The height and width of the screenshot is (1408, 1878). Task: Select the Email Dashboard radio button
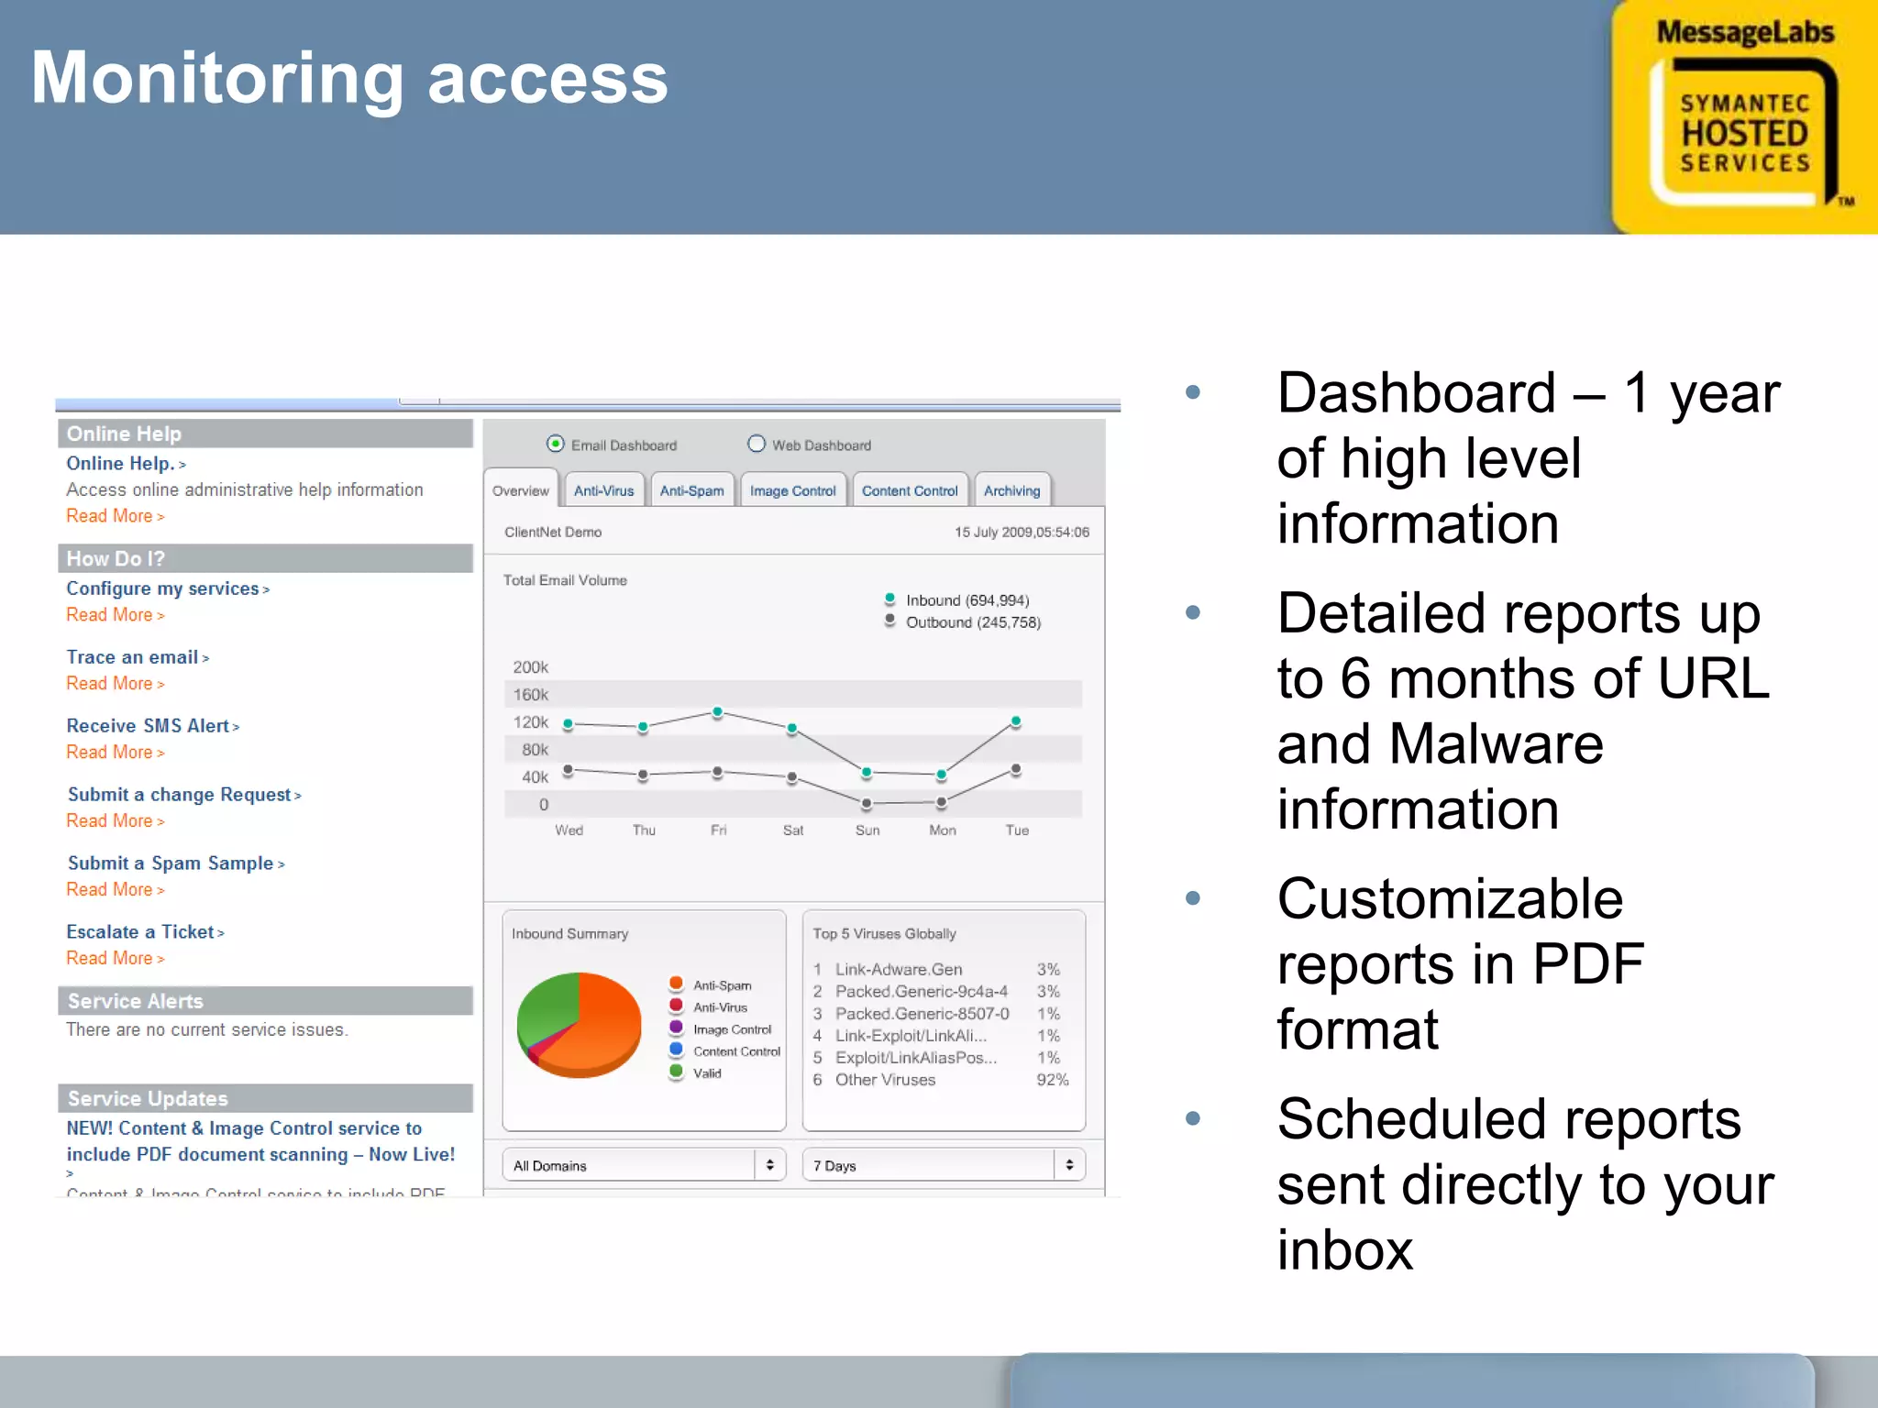click(555, 445)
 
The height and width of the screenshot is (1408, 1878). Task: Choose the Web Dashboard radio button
click(757, 445)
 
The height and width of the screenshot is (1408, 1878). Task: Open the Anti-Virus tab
click(603, 490)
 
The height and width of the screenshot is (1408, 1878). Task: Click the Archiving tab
click(1011, 490)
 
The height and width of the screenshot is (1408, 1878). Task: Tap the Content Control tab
click(909, 490)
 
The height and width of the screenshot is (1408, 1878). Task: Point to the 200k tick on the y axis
click(530, 667)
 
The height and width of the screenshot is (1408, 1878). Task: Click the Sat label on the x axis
click(793, 830)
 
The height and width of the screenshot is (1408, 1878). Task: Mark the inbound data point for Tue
click(1015, 722)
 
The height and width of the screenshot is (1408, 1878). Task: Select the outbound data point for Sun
click(867, 804)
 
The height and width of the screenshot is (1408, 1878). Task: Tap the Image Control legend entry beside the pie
click(732, 1029)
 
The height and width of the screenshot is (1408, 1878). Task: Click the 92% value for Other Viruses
click(1052, 1080)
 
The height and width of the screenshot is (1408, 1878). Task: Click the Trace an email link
click(133, 657)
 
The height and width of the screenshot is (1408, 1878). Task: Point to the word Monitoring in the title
click(216, 81)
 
